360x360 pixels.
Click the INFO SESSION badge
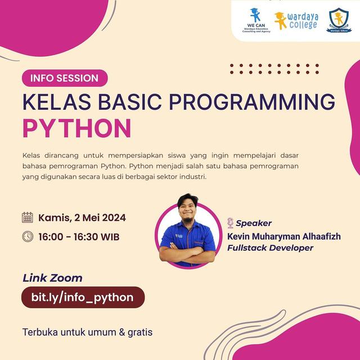coord(65,78)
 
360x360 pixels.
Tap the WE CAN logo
coord(255,21)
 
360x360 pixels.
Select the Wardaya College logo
coord(296,21)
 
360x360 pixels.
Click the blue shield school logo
coord(338,20)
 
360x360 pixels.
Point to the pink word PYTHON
coord(76,128)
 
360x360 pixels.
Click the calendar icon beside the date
coord(28,218)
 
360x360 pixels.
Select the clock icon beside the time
coord(28,236)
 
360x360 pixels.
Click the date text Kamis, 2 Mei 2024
coord(82,218)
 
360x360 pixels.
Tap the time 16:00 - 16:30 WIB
coord(79,237)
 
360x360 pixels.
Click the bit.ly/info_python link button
coord(83,297)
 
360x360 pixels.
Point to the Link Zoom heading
coord(52,278)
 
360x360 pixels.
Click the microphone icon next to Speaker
coord(230,223)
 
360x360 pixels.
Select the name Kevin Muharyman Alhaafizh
coord(283,236)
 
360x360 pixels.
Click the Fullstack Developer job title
coord(270,247)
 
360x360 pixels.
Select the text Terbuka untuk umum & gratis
coord(87,332)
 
